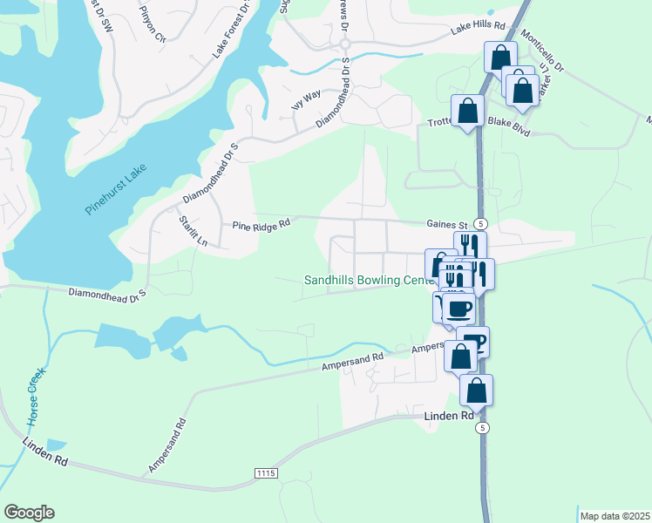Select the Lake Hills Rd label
tap(479, 27)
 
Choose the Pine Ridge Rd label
tap(260, 225)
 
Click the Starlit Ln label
tap(193, 230)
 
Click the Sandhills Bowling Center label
tap(369, 280)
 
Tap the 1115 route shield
tap(266, 472)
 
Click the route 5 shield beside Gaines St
tap(479, 223)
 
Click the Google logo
tap(29, 513)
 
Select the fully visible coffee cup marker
tap(458, 308)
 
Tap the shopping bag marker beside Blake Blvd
tap(468, 111)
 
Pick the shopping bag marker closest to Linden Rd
tap(476, 390)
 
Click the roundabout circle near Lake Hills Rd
tap(344, 44)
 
